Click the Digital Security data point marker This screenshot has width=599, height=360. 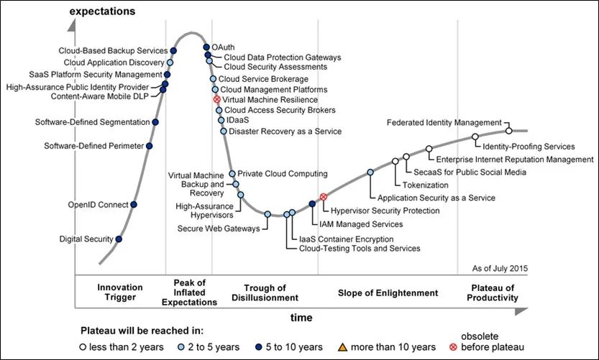tap(119, 239)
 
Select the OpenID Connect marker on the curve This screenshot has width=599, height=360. tap(134, 205)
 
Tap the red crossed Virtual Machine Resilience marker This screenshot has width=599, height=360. tap(217, 99)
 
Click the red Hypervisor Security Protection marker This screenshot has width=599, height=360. tap(323, 197)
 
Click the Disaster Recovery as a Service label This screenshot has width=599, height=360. tap(275, 131)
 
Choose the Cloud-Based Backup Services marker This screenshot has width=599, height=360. tap(174, 51)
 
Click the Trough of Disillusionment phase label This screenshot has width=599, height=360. tap(265, 292)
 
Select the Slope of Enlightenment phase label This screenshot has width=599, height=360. tap(388, 293)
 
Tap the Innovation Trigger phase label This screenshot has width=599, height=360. tap(119, 292)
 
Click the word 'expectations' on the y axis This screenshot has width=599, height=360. tap(104, 12)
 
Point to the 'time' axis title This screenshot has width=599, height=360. tap(302, 317)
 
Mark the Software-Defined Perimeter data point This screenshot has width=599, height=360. tap(149, 146)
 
